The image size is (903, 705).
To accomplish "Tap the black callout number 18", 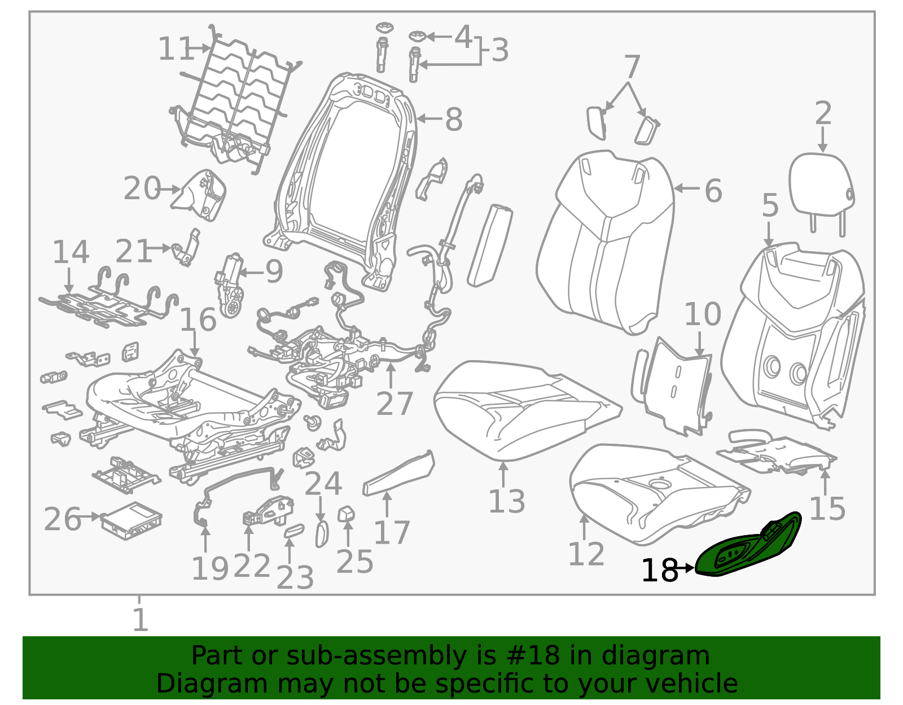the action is click(x=660, y=571).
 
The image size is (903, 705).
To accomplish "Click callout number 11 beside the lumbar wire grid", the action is click(x=176, y=49).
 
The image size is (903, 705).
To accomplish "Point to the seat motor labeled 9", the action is click(x=229, y=286).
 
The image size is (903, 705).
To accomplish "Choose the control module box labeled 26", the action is click(x=131, y=521).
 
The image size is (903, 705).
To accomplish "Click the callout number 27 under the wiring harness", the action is click(x=394, y=404).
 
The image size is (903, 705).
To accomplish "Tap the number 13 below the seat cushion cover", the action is click(x=507, y=501).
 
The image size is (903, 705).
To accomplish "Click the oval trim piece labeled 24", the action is click(x=322, y=535).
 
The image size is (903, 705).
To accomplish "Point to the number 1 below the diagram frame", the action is click(x=141, y=620).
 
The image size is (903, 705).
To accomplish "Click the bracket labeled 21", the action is click(x=186, y=247).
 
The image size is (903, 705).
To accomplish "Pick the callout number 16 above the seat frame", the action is click(x=198, y=319).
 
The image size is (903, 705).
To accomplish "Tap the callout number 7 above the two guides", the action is click(x=632, y=67).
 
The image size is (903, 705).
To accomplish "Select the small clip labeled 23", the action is click(x=294, y=531).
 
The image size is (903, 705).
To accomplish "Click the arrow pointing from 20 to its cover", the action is click(x=169, y=190).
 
